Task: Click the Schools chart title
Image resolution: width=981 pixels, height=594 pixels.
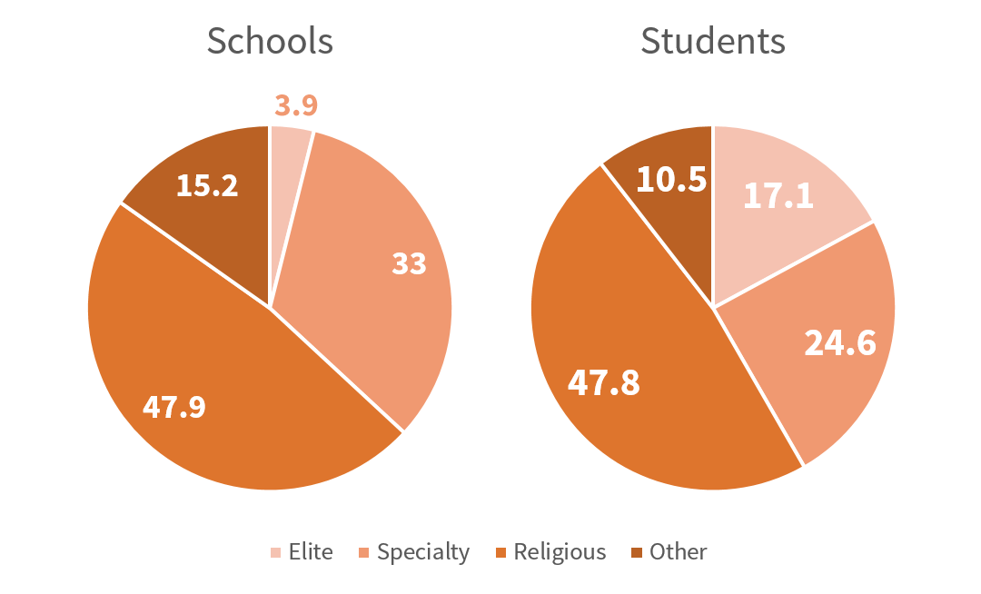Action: click(x=270, y=41)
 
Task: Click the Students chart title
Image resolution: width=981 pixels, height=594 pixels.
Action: click(x=713, y=41)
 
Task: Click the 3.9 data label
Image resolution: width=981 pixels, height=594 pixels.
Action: click(x=296, y=105)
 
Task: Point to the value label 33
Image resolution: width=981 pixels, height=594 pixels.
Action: click(x=409, y=264)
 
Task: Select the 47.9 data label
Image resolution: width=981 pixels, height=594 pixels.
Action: click(x=174, y=406)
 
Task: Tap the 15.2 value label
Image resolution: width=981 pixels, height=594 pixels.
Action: click(x=207, y=185)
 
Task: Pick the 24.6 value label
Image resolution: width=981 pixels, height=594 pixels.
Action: click(x=840, y=343)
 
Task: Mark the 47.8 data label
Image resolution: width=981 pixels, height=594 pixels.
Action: click(x=603, y=382)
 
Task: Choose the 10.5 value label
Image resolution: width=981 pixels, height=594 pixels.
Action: click(x=671, y=179)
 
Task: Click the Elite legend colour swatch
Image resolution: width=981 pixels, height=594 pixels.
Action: click(x=276, y=552)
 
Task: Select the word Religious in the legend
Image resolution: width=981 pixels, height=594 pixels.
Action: click(x=560, y=552)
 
